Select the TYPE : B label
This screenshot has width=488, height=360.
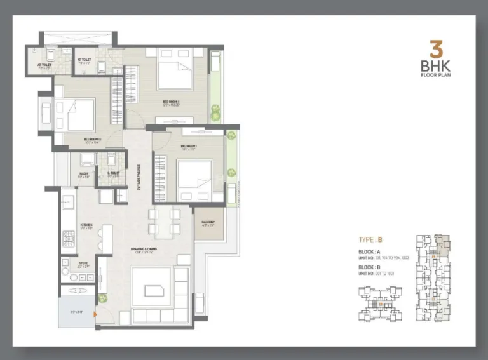[370, 240]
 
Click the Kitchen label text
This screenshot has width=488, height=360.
[87, 225]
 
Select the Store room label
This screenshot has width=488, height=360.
[83, 265]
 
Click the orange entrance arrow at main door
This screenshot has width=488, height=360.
[95, 313]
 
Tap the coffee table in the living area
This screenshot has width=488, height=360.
[154, 290]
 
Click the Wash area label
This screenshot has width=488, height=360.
[84, 174]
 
